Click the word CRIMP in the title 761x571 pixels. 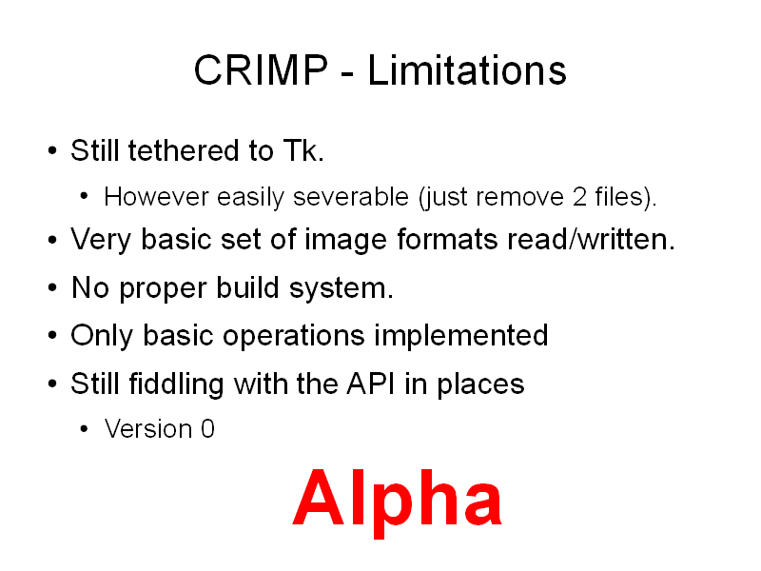[261, 69]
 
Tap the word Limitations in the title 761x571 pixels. [467, 69]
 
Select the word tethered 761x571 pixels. [184, 150]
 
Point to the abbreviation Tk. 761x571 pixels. [303, 150]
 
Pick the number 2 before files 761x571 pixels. [579, 197]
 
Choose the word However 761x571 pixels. [156, 197]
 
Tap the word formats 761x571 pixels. [447, 239]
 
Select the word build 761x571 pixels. [247, 287]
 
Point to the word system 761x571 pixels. [341, 288]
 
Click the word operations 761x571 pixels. [293, 336]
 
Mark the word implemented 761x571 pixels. [460, 335]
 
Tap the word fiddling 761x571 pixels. [176, 384]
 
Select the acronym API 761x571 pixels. [370, 384]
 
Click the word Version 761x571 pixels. [148, 429]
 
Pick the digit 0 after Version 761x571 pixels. [207, 429]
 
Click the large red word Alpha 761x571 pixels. [397, 501]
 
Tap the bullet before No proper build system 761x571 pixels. [52, 288]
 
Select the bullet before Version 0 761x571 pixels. [84, 429]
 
